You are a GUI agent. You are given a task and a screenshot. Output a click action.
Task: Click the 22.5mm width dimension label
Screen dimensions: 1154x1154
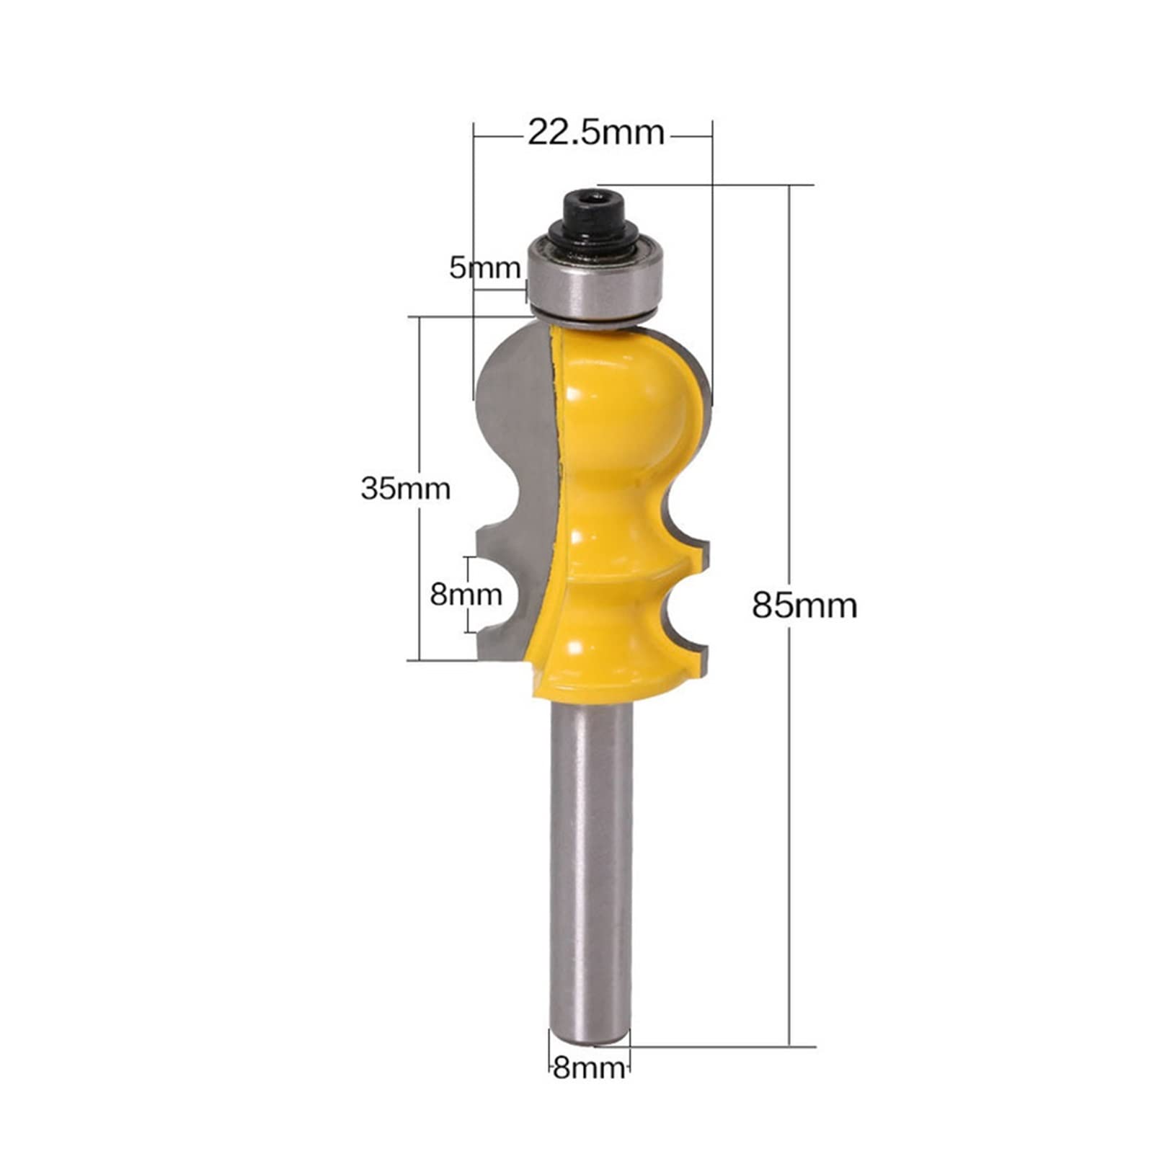(595, 133)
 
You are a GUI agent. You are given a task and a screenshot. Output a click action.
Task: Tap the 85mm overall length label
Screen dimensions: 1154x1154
(804, 605)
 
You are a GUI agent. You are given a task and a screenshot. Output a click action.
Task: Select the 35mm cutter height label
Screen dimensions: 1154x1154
(405, 489)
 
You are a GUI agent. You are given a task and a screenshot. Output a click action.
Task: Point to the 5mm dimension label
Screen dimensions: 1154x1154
(484, 268)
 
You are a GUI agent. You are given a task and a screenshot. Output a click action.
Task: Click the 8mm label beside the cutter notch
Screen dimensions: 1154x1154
(466, 595)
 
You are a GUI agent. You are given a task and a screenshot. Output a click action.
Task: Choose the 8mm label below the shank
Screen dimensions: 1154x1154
(588, 1068)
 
